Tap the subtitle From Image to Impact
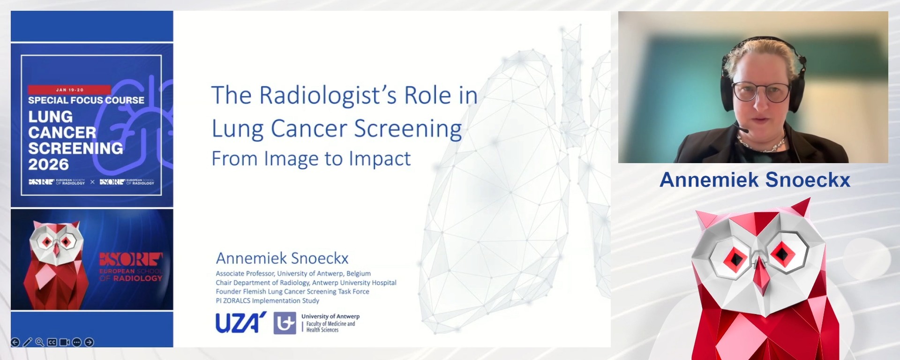[311, 159]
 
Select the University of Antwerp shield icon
[285, 323]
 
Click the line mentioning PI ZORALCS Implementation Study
[267, 301]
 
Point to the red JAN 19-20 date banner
[69, 90]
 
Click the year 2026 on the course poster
[48, 165]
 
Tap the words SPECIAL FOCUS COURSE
[86, 100]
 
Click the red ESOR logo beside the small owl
[131, 259]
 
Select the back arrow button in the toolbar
[15, 342]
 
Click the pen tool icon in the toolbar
[28, 342]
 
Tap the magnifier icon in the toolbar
[40, 342]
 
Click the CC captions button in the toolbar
[52, 342]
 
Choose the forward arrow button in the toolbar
[89, 342]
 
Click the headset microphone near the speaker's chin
[742, 129]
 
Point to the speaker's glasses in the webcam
[760, 91]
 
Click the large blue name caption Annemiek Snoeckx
[755, 180]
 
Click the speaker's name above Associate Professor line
[282, 258]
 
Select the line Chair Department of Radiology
[306, 283]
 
